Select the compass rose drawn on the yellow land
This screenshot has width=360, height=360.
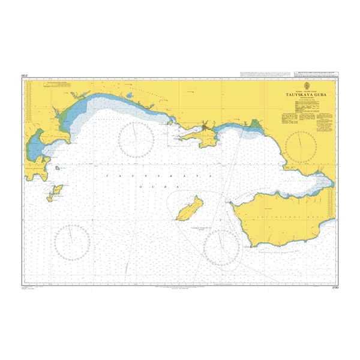302,147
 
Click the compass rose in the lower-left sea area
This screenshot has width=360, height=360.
73,242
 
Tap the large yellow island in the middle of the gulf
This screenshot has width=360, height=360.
190,208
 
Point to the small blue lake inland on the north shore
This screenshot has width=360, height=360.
74,95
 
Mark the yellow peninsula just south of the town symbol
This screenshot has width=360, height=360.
201,139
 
